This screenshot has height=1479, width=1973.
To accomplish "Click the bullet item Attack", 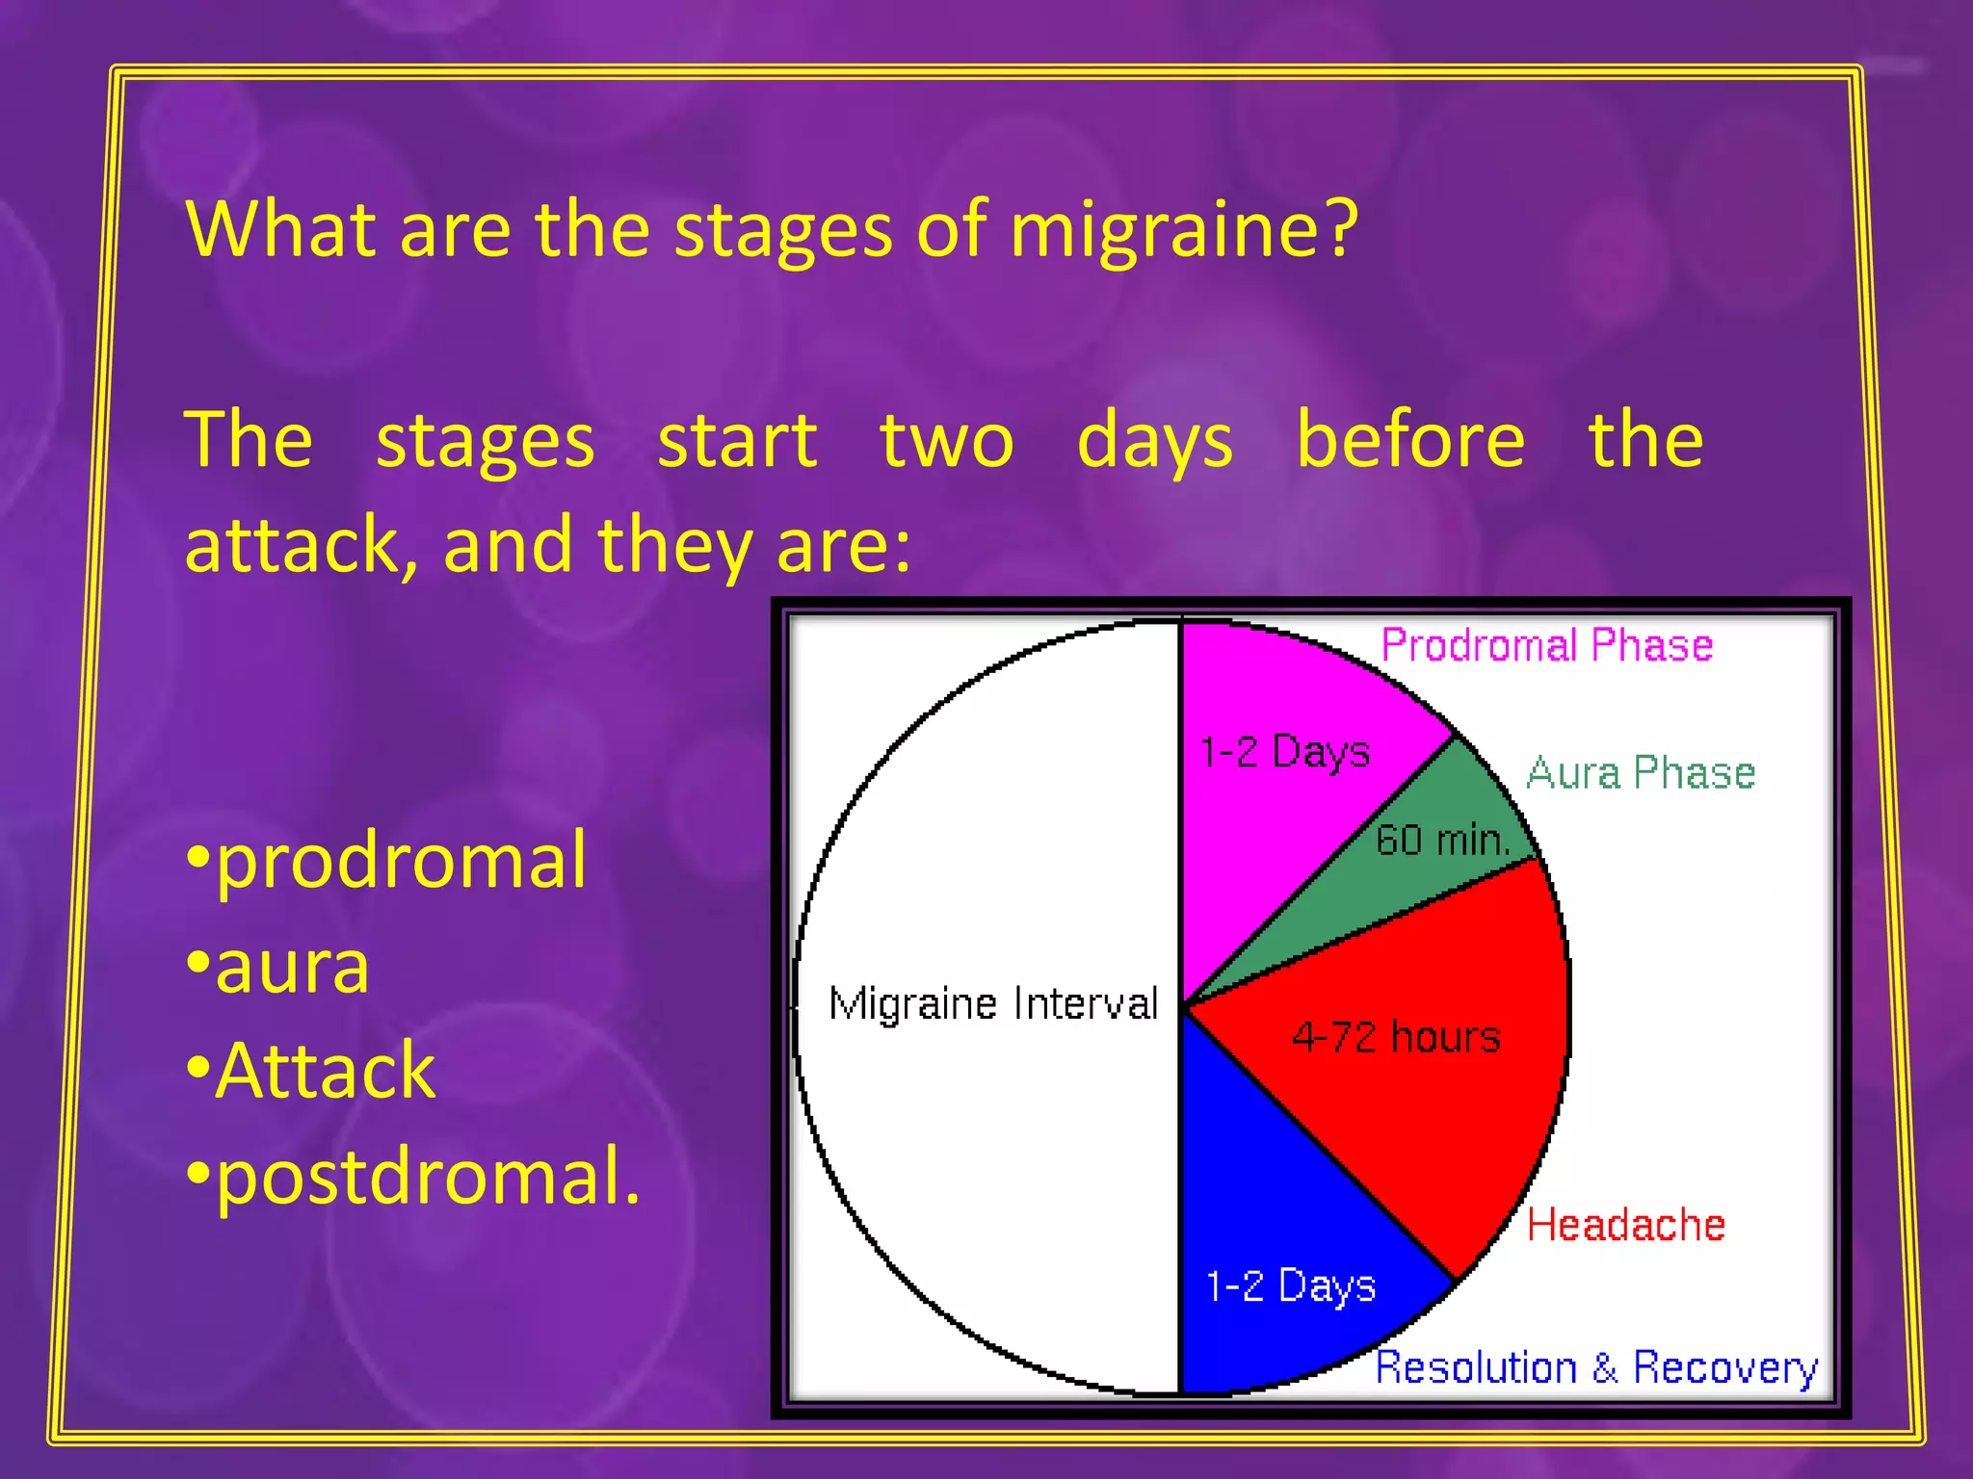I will pos(325,1071).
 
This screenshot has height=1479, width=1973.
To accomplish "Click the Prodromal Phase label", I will pos(1546,645).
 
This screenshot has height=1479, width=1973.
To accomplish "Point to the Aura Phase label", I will pos(1641,772).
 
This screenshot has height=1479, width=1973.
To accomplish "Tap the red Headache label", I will pos(1625,1225).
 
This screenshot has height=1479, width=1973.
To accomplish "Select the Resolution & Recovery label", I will pos(1595,1368).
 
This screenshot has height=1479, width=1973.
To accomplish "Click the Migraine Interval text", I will pos(993,1003).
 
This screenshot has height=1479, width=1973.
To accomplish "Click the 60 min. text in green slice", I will pos(1441,840).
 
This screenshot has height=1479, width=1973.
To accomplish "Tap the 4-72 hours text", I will pos(1396,1037).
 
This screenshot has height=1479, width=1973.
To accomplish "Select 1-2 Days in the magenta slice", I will pos(1284,751).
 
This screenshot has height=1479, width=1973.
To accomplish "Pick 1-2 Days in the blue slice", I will pos(1291,1286).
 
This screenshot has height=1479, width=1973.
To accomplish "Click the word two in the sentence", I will pos(947,441).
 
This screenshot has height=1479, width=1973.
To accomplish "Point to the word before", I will pos(1410,439).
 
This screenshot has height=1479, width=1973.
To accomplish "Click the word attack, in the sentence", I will pos(302,545).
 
